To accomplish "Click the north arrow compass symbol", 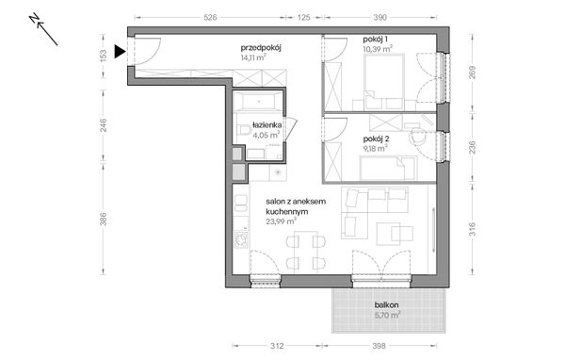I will (44, 29).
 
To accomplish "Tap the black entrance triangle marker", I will (118, 53).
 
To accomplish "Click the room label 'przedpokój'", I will (263, 47).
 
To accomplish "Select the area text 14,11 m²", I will (253, 57).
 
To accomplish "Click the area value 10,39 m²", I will (377, 48).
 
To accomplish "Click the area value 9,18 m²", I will (375, 148).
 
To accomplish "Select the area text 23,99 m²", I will (282, 221).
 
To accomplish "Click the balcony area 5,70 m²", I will (385, 315).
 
